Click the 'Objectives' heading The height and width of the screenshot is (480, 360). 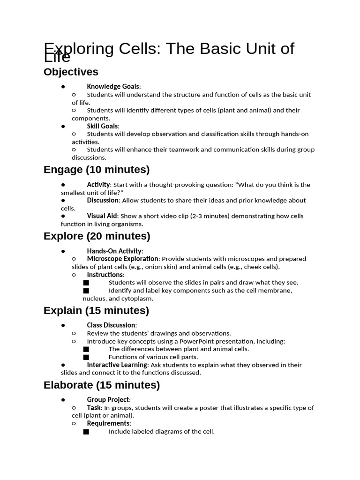71,72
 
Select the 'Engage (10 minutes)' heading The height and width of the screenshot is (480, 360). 97,169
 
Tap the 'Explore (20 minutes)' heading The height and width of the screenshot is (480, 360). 97,236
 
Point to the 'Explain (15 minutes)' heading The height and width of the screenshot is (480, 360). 96,310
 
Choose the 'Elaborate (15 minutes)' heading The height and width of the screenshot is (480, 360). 102,385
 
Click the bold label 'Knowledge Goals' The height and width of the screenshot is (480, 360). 113,86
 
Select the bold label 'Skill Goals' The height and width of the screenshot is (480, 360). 103,126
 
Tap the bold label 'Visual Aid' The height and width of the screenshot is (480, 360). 102,216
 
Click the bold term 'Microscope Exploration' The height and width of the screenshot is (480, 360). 122,259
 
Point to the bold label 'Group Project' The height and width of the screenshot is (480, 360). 108,400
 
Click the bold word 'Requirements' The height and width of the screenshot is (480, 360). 108,423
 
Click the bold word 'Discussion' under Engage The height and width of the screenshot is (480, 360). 103,200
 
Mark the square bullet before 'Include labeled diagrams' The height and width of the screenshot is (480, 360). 86,432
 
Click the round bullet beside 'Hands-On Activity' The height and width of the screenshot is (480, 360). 63,251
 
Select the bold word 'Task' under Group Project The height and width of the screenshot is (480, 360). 94,408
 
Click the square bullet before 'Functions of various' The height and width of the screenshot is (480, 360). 86,357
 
